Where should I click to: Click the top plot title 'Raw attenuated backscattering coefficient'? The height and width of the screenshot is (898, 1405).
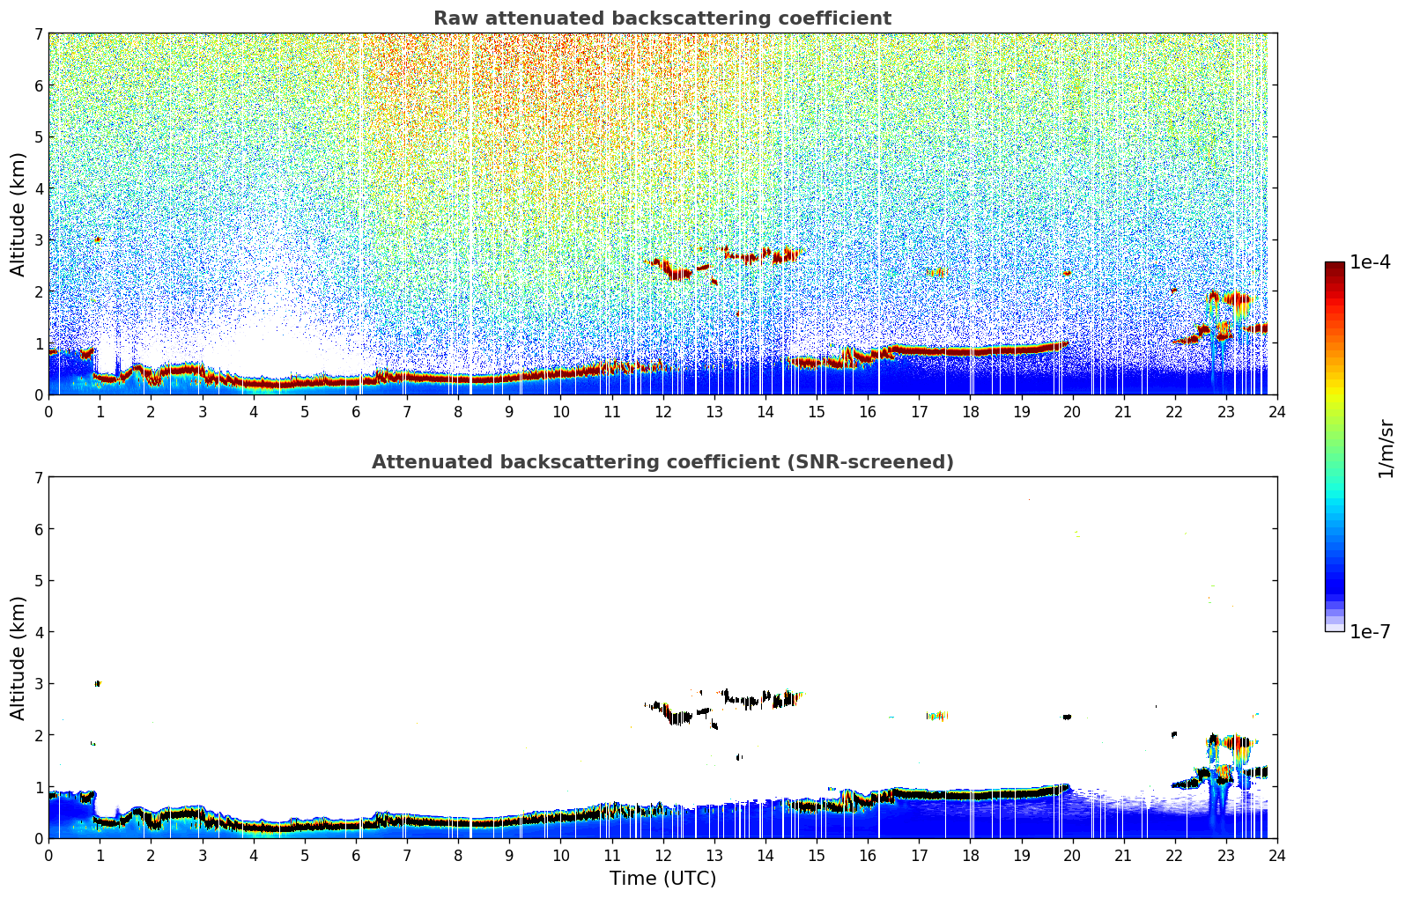pos(662,18)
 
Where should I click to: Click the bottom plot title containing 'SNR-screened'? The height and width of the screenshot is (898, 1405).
pos(662,462)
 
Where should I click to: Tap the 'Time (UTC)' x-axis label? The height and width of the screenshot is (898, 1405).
pos(662,879)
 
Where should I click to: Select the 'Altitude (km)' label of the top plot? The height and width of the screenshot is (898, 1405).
pos(18,214)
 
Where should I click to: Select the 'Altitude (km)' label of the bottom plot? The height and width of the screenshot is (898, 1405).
pos(18,658)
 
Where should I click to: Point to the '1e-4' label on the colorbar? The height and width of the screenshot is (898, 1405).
pos(1370,262)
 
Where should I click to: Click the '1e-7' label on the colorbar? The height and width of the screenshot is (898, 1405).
pos(1370,631)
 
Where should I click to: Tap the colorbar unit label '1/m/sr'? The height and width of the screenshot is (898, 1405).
pos(1386,448)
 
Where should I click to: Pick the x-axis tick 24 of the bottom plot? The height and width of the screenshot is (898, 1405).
pos(1276,855)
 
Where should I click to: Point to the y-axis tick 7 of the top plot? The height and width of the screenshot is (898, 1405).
pos(39,34)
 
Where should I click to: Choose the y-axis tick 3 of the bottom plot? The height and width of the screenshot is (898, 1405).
pos(39,684)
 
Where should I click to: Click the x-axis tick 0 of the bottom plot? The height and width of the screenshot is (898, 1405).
pos(48,855)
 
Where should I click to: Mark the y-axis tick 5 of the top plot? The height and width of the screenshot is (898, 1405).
pos(39,137)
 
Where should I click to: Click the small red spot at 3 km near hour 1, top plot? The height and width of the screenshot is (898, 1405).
pos(98,239)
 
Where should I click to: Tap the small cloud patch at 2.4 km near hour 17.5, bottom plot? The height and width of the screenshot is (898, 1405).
pos(936,716)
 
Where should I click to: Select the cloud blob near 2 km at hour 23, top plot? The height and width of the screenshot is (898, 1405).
pos(1230,299)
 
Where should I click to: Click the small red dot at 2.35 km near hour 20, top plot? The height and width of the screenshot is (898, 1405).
pos(1067,273)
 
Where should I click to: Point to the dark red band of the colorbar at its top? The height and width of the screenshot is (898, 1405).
pos(1335,267)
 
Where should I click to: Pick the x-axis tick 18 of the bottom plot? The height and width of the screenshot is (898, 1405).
pos(970,855)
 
